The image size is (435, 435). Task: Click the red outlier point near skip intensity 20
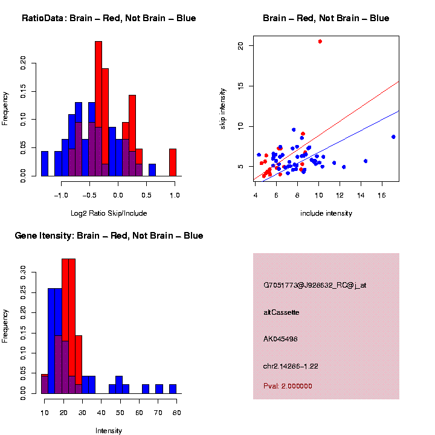click(x=320, y=41)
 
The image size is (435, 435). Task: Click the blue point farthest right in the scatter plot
click(x=393, y=137)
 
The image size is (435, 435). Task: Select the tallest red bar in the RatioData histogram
click(x=98, y=109)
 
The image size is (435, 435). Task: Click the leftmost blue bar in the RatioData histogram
click(x=45, y=164)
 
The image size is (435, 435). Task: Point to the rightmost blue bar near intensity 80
click(x=173, y=389)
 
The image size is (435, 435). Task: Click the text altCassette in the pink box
click(x=282, y=312)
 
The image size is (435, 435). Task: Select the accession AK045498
click(x=280, y=339)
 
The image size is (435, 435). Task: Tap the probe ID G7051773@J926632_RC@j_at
click(x=314, y=285)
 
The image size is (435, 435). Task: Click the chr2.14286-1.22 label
click(x=291, y=366)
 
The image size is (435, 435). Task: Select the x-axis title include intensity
click(x=326, y=213)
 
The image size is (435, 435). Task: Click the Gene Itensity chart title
click(x=109, y=236)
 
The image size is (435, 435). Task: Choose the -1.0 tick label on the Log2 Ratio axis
click(x=60, y=196)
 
